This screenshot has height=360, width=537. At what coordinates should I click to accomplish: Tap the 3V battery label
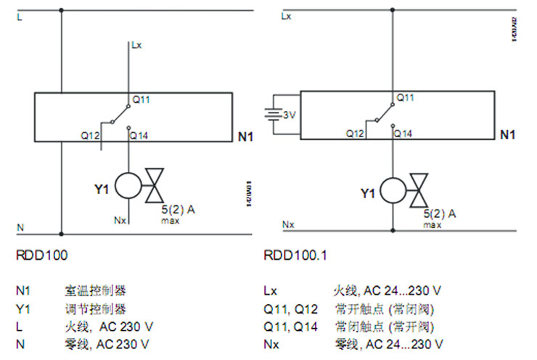click(290, 115)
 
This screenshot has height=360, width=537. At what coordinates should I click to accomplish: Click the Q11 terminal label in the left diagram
click(141, 99)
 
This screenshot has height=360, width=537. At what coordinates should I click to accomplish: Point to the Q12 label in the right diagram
click(355, 134)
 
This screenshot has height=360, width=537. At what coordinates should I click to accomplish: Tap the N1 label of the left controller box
click(245, 136)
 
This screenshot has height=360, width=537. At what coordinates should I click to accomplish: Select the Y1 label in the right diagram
click(369, 193)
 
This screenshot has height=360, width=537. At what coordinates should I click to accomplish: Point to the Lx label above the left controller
click(136, 45)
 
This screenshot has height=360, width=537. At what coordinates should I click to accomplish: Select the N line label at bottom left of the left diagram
click(20, 227)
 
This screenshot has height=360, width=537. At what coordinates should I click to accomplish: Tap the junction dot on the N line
click(61, 234)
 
